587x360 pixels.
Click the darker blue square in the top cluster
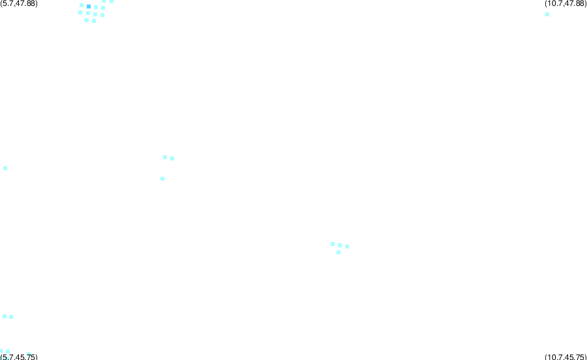coord(89,7)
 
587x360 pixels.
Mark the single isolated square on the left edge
coord(5,168)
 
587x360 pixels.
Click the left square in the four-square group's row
coord(333,244)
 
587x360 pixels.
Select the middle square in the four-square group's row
coord(340,245)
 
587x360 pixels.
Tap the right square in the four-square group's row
coord(347,247)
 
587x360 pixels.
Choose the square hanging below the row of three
coord(339,252)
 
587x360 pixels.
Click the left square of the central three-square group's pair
coord(165,158)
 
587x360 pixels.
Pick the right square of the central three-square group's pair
coord(172,158)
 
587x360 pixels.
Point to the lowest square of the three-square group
coord(162,179)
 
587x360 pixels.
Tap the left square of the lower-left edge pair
coord(5,316)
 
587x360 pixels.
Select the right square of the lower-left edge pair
coord(11,317)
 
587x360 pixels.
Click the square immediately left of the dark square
coord(82,5)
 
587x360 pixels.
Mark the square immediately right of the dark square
coord(97,7)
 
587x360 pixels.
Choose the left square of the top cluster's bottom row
coord(87,20)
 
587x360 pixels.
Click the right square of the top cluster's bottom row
coord(94,21)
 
